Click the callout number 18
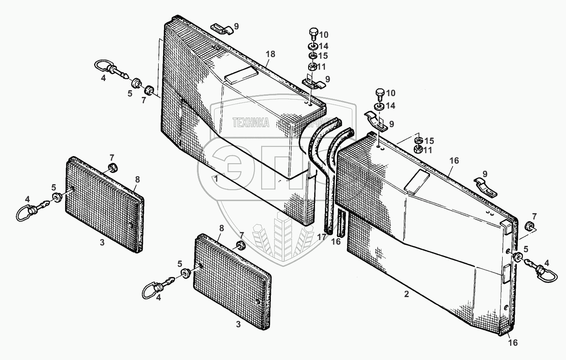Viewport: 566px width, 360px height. click(270, 54)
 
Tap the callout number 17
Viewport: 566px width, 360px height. click(322, 237)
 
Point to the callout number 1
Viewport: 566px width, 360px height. click(216, 179)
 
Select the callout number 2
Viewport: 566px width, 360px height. click(406, 294)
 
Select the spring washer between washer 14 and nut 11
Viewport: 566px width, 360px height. click(313, 55)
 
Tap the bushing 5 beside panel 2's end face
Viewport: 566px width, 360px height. click(517, 257)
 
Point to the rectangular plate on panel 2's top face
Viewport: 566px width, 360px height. click(418, 180)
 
